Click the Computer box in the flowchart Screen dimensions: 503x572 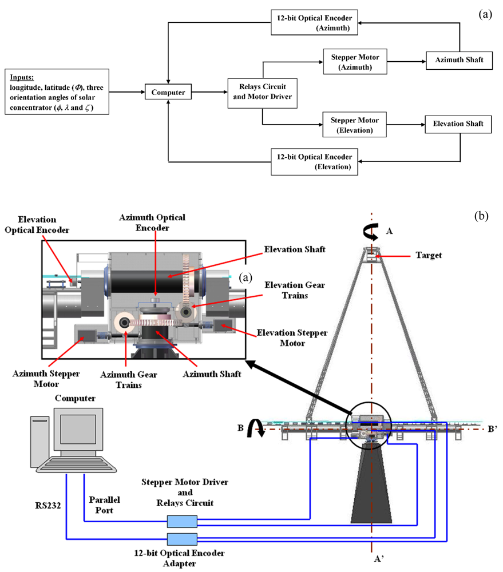(x=168, y=92)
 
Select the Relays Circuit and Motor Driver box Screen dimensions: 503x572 (x=263, y=93)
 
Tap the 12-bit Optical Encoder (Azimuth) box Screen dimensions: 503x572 (x=314, y=23)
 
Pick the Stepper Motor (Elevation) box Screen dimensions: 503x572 (x=354, y=125)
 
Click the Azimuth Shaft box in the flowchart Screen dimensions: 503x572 (x=459, y=60)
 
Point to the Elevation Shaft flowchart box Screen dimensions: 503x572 (x=458, y=124)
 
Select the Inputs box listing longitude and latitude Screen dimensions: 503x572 (x=57, y=92)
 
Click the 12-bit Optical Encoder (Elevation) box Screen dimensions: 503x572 (x=314, y=162)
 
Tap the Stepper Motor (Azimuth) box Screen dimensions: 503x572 (x=355, y=62)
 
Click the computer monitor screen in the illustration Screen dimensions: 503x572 (x=78, y=429)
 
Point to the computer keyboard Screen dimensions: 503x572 (x=77, y=465)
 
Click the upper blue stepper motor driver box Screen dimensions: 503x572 (x=182, y=522)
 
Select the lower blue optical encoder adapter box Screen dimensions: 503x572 (x=182, y=539)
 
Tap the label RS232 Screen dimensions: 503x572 (x=48, y=506)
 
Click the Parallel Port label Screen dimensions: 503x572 (x=104, y=505)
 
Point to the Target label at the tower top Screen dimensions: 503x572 (x=429, y=255)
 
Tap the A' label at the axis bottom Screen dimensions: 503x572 (x=379, y=558)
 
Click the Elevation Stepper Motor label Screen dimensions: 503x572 (x=292, y=338)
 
